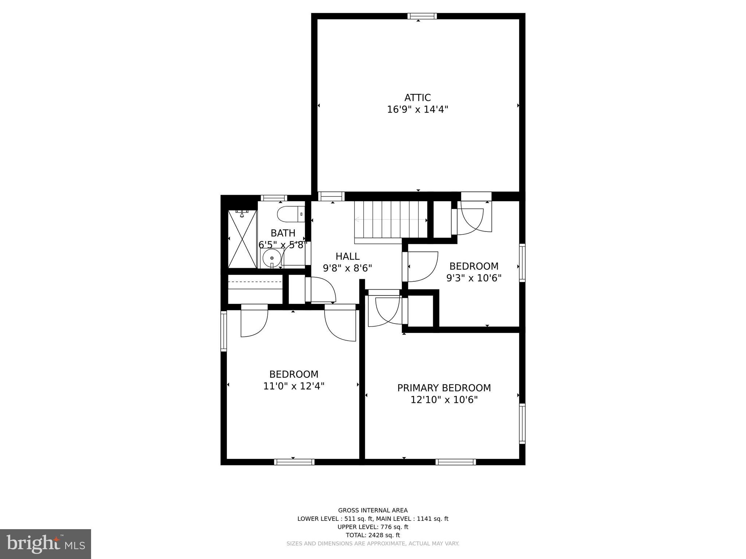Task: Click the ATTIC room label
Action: point(417,98)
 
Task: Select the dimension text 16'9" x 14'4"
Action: point(417,110)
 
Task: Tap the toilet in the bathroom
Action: point(290,214)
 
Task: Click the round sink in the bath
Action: point(272,258)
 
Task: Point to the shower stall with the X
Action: point(243,239)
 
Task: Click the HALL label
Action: point(348,256)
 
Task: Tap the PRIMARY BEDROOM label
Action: point(444,388)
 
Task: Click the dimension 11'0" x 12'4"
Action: point(294,386)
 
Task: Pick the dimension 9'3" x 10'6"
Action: point(474,278)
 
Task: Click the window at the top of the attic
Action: point(422,16)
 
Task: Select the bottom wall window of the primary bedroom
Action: point(456,462)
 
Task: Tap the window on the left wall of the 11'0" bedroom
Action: point(224,331)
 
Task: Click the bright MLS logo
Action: point(46,544)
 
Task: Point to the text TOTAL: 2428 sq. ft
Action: point(373,535)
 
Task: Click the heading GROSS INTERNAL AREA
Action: point(373,510)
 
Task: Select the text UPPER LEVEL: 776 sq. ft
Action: point(373,527)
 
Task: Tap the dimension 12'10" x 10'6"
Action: point(444,400)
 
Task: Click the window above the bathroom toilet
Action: point(274,198)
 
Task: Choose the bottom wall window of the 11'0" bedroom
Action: point(294,462)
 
